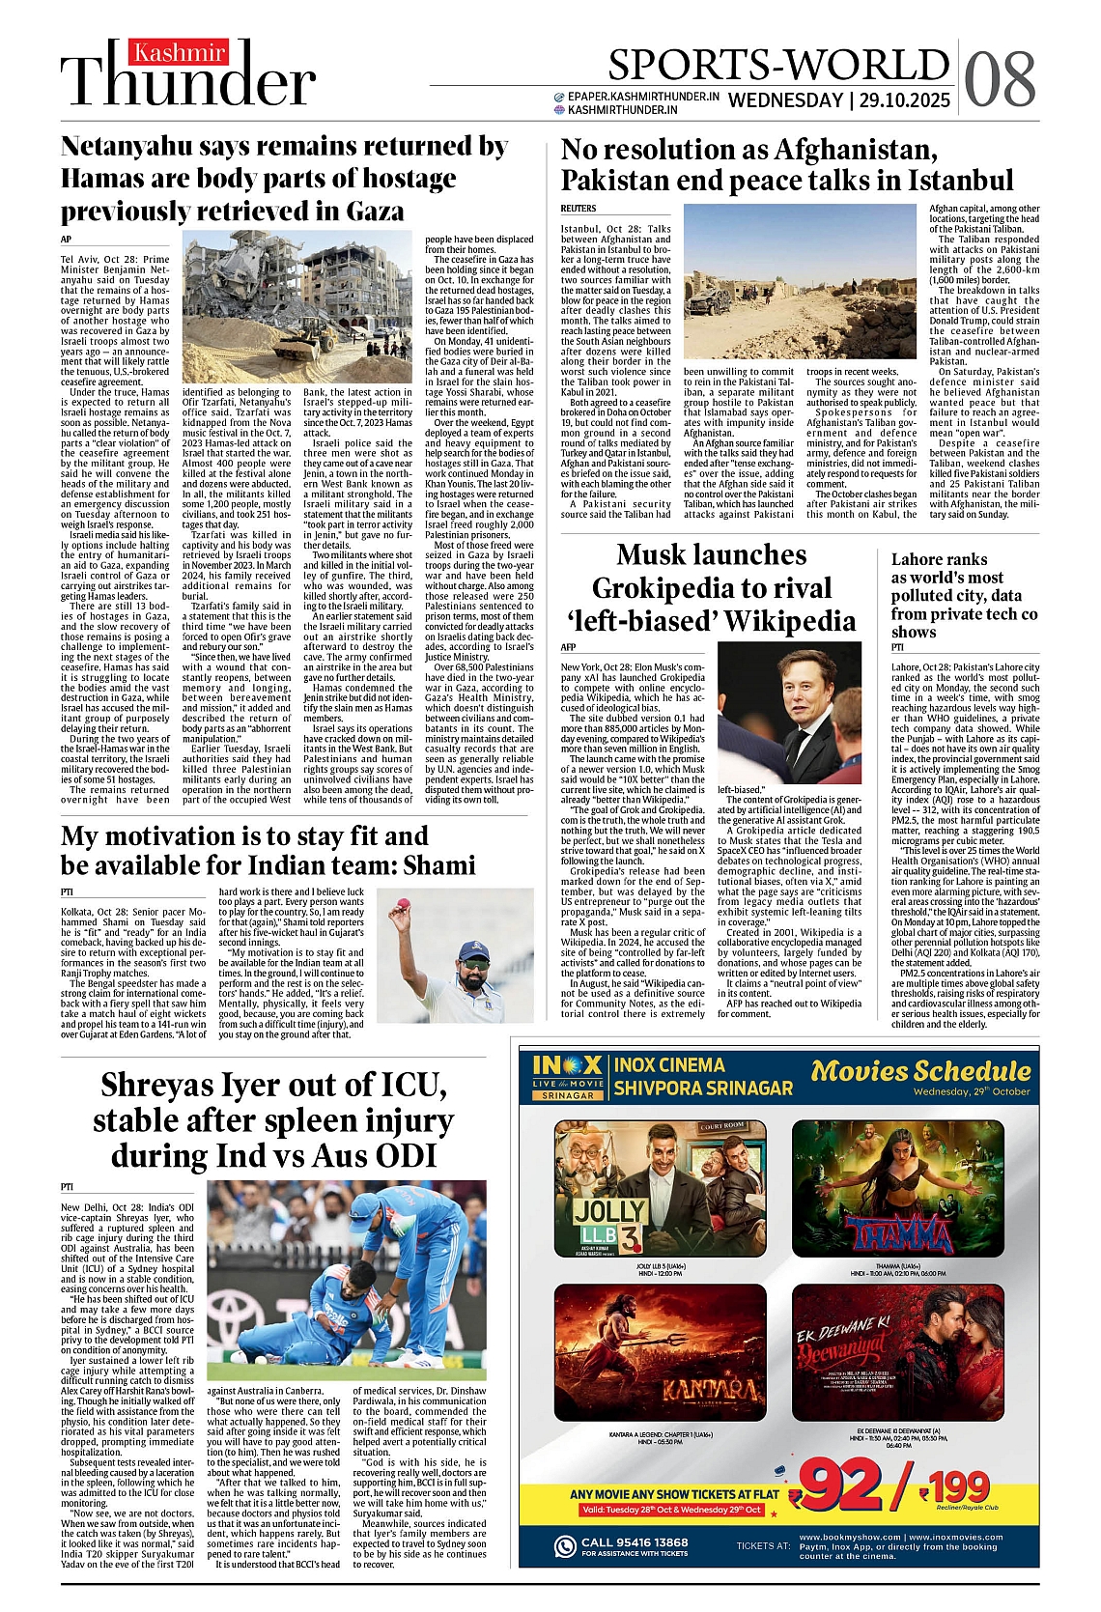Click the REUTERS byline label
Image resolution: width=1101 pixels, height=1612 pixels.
tap(579, 209)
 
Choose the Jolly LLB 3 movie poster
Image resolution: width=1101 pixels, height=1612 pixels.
tap(661, 1188)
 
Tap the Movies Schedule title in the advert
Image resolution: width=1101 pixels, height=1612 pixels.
tap(920, 1070)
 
